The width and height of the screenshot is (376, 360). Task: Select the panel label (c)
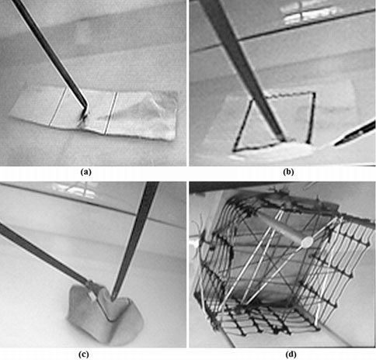pyautogui.click(x=93, y=351)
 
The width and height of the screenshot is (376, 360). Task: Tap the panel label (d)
pyautogui.click(x=282, y=351)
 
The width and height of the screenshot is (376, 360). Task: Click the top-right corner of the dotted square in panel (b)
pyautogui.click(x=314, y=93)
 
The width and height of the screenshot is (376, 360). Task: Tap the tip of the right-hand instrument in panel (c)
pyautogui.click(x=113, y=298)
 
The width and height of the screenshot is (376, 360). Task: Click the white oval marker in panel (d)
pyautogui.click(x=306, y=242)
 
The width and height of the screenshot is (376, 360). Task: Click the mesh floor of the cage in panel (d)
pyautogui.click(x=272, y=318)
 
